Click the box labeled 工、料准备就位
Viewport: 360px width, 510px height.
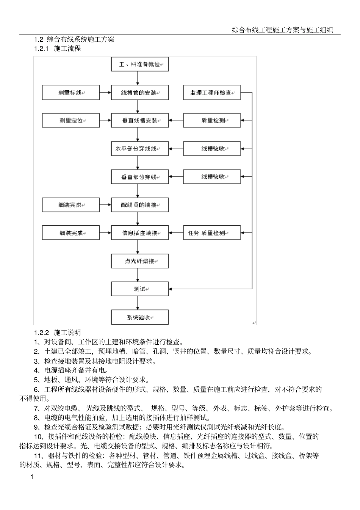tap(139, 64)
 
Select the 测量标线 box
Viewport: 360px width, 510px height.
tap(71, 93)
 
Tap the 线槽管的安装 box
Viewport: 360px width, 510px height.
tap(139, 93)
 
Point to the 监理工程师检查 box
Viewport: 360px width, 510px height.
tap(212, 93)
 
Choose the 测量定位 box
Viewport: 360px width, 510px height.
tap(71, 121)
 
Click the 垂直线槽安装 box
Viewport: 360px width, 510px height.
tap(139, 121)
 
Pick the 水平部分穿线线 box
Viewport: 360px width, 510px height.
tap(139, 149)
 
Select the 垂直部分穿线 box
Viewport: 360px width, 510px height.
tap(139, 177)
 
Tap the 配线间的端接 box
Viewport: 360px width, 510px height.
tap(139, 205)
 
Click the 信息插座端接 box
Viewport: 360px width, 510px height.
tap(139, 233)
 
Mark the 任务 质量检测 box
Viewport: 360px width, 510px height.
tap(212, 233)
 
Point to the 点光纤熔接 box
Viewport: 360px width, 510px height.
tap(139, 261)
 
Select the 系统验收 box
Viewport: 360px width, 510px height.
tap(139, 317)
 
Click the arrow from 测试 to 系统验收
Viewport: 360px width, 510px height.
tap(138, 303)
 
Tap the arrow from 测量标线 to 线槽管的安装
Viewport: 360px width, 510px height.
tap(105, 93)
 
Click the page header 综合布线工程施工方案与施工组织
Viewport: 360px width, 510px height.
tap(282, 30)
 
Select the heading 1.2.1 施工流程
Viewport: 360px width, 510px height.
tap(58, 49)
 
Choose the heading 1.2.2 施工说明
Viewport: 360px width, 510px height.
tap(58, 333)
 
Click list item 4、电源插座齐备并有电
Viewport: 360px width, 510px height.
tap(71, 370)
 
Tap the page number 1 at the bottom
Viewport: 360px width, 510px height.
tap(32, 477)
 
